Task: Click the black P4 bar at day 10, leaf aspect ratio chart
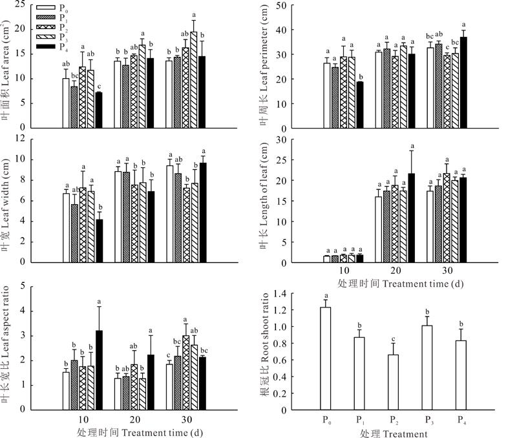point(99,370)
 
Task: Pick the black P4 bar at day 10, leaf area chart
point(99,110)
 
